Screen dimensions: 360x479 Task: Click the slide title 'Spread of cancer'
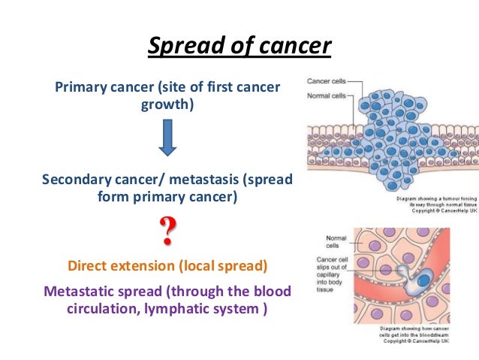[239, 47]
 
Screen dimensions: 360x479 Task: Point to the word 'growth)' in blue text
[167, 104]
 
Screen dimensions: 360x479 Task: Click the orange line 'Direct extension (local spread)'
[167, 266]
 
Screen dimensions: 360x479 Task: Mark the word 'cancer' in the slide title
[295, 47]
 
